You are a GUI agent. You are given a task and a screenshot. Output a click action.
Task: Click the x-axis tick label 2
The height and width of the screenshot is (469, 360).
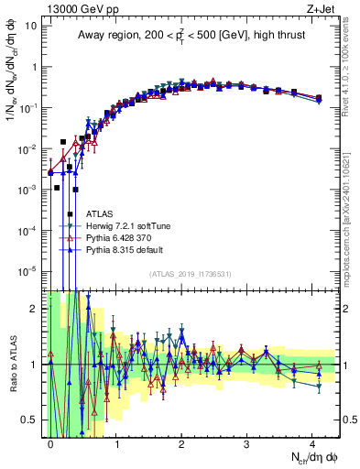click(x=181, y=442)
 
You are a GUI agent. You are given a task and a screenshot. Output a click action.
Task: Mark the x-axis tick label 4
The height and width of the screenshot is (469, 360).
click(x=312, y=442)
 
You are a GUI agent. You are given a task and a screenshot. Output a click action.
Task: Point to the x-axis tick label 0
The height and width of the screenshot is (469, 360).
click(x=50, y=442)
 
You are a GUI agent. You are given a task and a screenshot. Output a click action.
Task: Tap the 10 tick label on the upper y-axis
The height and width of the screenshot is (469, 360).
click(x=30, y=26)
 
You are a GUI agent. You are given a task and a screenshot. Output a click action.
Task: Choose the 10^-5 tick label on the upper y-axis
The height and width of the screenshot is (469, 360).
click(x=27, y=270)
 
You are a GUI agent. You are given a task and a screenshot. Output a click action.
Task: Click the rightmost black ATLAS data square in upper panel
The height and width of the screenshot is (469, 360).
click(x=318, y=98)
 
